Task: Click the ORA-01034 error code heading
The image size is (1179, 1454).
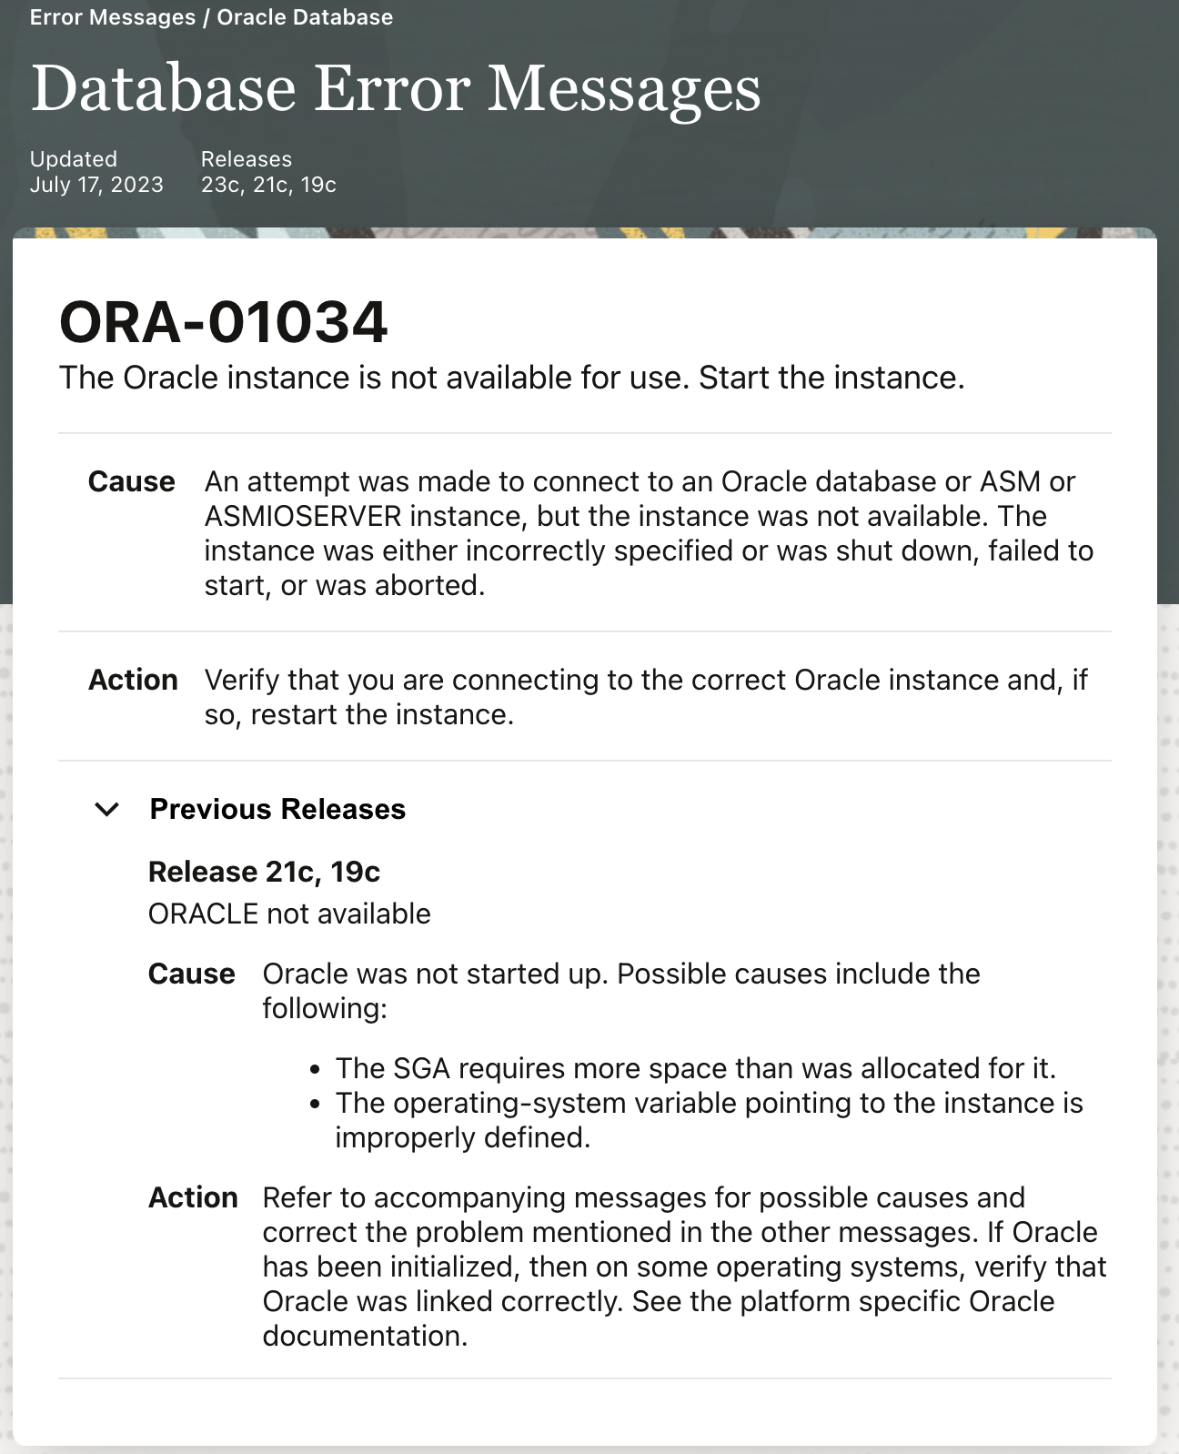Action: [223, 322]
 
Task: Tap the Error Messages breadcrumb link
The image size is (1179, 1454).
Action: [112, 17]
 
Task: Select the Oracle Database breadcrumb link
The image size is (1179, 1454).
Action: [305, 17]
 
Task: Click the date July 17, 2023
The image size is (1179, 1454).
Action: [96, 185]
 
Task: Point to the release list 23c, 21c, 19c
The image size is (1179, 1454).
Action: [268, 185]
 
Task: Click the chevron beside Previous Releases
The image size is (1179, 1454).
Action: [107, 809]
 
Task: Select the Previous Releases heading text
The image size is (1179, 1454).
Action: [277, 809]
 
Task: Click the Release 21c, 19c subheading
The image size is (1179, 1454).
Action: [264, 872]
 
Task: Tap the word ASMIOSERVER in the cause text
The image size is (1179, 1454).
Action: [302, 516]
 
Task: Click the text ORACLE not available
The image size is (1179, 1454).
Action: [289, 914]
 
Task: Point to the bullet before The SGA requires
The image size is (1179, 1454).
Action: [315, 1070]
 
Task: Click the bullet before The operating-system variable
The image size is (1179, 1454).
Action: [315, 1105]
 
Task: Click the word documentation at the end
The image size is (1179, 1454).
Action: [365, 1336]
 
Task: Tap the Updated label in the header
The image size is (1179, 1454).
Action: [73, 159]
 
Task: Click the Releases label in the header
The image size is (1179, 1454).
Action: [246, 159]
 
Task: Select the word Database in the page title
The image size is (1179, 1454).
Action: [164, 89]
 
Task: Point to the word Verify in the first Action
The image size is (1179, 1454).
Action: [242, 680]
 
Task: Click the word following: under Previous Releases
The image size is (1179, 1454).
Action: [325, 1008]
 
